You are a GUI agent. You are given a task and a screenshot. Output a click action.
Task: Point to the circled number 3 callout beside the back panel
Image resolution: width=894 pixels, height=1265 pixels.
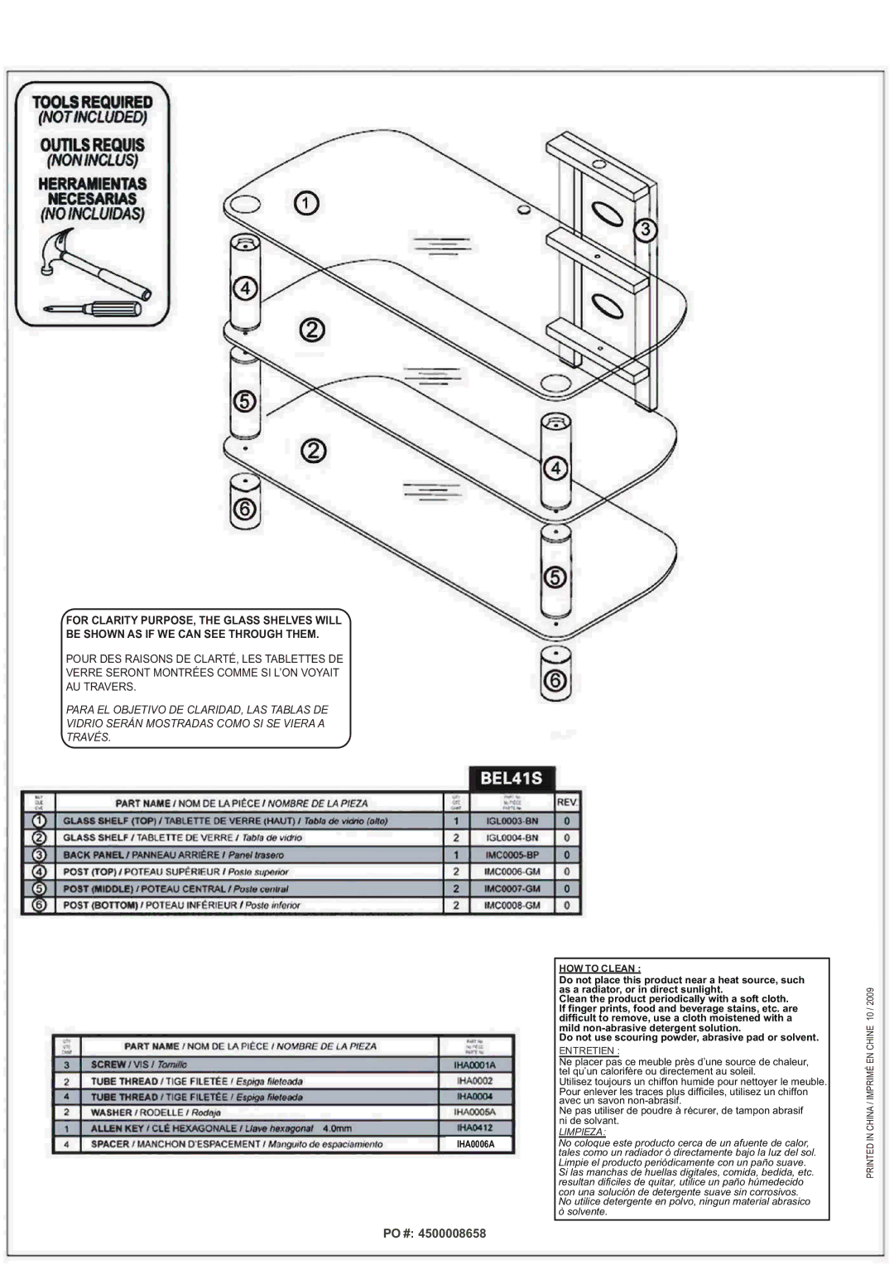click(645, 230)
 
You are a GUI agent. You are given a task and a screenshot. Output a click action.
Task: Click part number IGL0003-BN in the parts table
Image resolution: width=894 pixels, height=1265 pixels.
click(512, 821)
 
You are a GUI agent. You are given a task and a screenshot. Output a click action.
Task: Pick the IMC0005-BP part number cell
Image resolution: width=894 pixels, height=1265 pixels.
click(512, 855)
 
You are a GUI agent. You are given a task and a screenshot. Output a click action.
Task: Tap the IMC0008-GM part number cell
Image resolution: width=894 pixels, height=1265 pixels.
click(512, 905)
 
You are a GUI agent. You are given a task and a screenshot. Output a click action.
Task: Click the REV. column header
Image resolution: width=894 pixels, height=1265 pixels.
click(567, 803)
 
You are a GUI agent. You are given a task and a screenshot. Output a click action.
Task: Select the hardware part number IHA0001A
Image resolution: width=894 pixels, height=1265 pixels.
click(474, 1065)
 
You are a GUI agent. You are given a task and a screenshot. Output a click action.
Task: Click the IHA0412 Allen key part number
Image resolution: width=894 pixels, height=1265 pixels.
click(474, 1128)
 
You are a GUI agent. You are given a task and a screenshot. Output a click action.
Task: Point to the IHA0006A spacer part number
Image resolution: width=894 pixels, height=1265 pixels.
click(474, 1144)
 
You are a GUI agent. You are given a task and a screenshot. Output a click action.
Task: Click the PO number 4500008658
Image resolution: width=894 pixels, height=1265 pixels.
click(435, 1234)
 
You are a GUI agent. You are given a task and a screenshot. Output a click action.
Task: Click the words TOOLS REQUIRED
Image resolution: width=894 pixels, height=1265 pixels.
click(93, 102)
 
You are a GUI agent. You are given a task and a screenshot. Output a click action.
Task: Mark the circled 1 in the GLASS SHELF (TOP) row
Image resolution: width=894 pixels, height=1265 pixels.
click(38, 821)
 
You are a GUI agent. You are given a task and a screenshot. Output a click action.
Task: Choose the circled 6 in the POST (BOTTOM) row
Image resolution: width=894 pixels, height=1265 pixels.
click(38, 905)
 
